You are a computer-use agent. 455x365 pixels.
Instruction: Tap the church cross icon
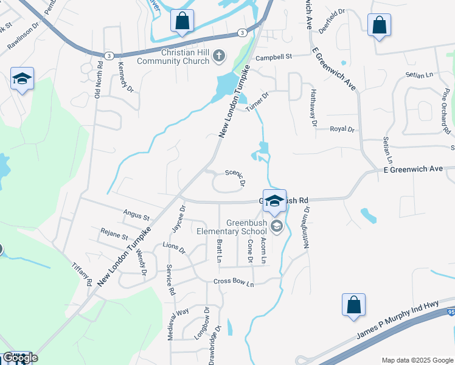click(x=220, y=57)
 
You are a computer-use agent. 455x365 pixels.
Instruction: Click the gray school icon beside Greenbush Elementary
click(x=277, y=228)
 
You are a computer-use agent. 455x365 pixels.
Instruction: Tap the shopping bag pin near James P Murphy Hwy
click(x=353, y=306)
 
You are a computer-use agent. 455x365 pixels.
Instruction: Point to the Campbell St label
click(x=274, y=57)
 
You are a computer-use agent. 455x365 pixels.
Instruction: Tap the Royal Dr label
click(x=342, y=129)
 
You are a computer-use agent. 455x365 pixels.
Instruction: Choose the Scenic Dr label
click(x=235, y=177)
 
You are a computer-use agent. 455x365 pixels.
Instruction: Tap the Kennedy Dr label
click(x=125, y=76)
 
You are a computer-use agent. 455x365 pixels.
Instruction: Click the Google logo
click(x=20, y=358)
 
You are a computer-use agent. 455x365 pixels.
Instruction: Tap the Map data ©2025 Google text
click(x=417, y=360)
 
